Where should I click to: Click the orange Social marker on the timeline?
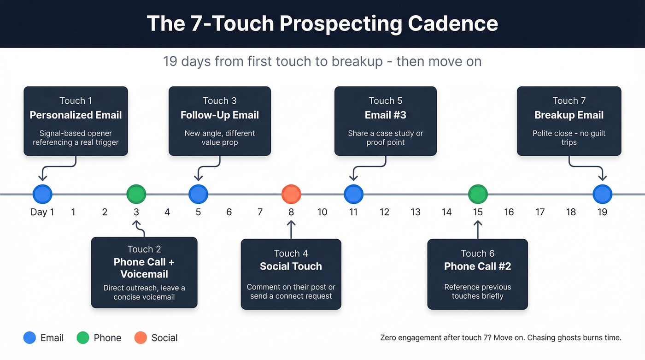291,194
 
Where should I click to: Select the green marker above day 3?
136,194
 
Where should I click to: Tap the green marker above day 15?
478,194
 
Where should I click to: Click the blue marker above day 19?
602,194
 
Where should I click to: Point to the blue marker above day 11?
353,194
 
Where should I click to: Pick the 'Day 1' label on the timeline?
42,212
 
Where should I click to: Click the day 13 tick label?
416,212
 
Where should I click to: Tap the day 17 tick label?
540,212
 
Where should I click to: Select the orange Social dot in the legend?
141,338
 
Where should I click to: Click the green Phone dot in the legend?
82,338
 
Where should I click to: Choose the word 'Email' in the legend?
52,338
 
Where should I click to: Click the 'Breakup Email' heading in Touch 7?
569,115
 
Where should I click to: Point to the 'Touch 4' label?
291,254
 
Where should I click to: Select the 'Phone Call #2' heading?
477,266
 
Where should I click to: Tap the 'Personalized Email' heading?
76,115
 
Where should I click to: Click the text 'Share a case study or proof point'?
385,138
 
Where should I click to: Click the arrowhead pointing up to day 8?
291,224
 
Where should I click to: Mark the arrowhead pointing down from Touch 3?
199,178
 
